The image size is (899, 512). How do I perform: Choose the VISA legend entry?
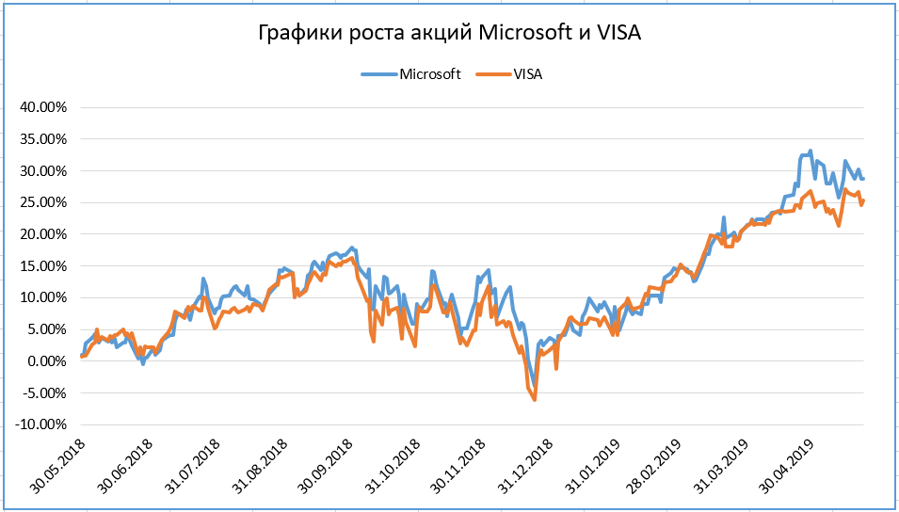[x=527, y=74]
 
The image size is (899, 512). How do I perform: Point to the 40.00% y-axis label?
[x=42, y=107]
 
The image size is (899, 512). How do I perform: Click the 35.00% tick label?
[x=42, y=139]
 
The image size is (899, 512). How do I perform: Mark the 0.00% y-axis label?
[x=45, y=361]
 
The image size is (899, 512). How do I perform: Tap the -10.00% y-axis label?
[x=40, y=424]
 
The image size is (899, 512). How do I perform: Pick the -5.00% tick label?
[x=42, y=393]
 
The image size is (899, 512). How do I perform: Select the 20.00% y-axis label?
[x=42, y=234]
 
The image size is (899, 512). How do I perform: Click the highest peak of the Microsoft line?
[x=811, y=151]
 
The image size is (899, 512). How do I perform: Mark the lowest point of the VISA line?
[x=535, y=400]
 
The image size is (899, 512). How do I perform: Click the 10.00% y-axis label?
[x=42, y=297]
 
